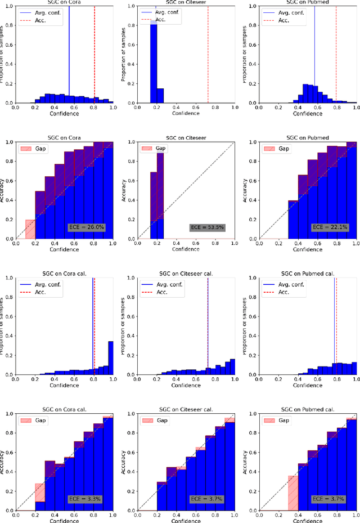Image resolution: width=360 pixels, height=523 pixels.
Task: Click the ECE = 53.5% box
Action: coord(205,227)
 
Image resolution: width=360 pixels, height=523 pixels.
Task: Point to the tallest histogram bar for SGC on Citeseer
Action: coord(153,62)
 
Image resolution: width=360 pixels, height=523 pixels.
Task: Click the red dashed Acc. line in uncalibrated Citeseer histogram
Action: coord(208,56)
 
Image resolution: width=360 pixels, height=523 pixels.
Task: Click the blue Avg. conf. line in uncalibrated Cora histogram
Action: coord(69,56)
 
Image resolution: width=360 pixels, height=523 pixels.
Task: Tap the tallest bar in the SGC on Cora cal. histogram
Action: coord(110,358)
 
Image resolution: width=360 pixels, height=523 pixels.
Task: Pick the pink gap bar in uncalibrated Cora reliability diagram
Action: coord(30,229)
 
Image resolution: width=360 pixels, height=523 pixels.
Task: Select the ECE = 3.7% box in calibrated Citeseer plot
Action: coord(205,498)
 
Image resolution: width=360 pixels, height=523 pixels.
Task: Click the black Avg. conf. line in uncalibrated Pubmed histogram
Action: coord(314,56)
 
